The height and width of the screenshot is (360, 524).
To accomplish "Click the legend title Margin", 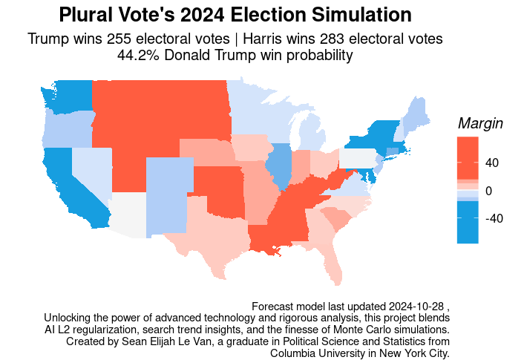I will (x=481, y=124).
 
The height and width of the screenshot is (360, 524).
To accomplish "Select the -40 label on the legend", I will (x=493, y=219).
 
